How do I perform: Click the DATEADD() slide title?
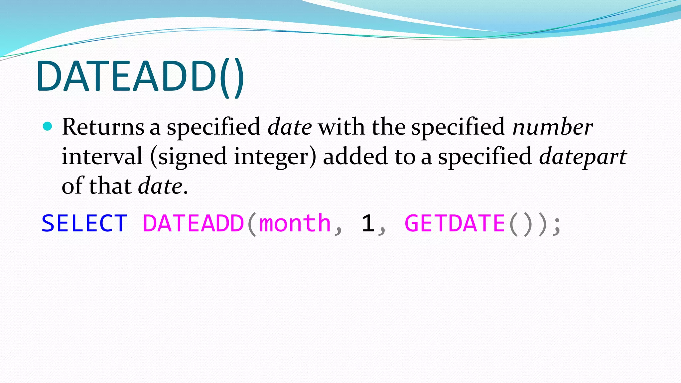point(140,77)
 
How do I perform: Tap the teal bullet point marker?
point(48,126)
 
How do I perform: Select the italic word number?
point(552,127)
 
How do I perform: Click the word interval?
point(102,156)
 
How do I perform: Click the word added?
point(355,156)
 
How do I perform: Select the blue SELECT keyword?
point(84,223)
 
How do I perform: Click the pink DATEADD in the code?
point(194,223)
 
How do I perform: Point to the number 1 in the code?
point(368,223)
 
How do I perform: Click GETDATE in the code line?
point(455,223)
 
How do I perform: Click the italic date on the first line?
point(290,127)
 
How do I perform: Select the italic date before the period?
point(160,186)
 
